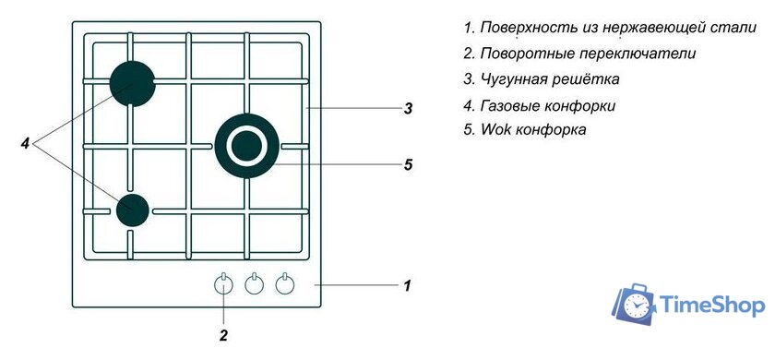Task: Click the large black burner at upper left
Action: pos(132,83)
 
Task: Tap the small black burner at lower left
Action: pos(133,210)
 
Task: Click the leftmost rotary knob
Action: pos(224,285)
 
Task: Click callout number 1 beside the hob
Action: pos(406,285)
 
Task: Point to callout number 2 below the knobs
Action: pos(223,336)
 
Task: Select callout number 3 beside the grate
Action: pos(407,109)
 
